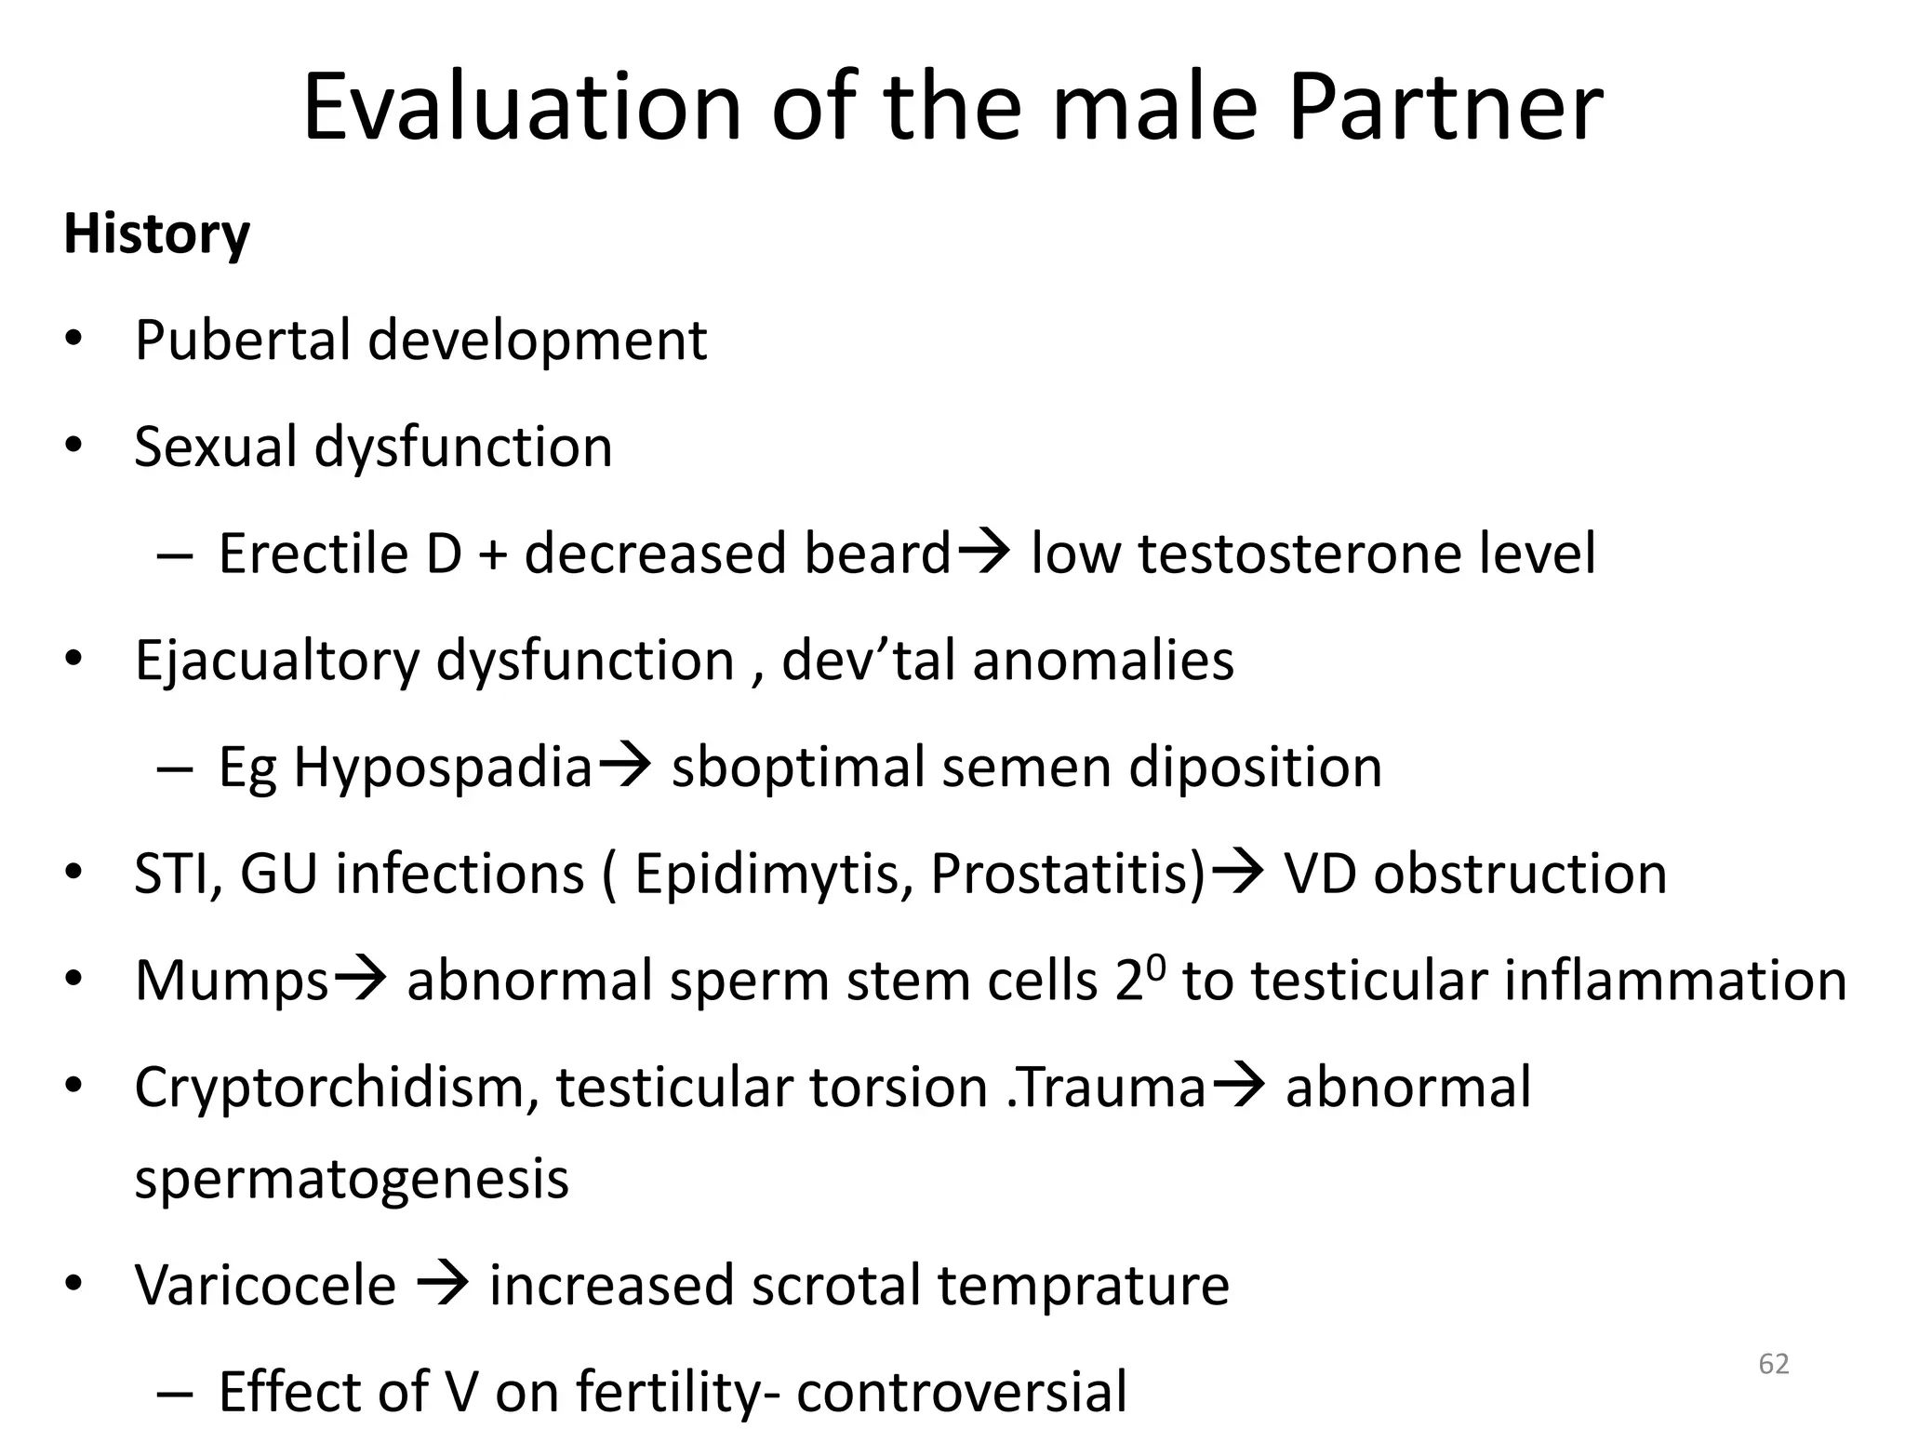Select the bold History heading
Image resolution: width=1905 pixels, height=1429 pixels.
(x=156, y=234)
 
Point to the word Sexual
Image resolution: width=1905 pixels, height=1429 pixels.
(x=216, y=447)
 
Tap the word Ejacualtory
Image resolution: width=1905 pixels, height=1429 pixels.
(x=277, y=662)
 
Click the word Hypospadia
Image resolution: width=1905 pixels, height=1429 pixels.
(x=443, y=769)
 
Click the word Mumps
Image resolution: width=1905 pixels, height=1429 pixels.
(x=232, y=982)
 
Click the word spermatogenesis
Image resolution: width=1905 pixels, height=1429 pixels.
(x=352, y=1180)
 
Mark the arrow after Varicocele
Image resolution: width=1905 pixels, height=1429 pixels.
(x=443, y=1286)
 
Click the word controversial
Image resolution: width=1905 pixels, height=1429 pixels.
(x=962, y=1393)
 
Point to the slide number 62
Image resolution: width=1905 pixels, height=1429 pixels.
(x=1774, y=1364)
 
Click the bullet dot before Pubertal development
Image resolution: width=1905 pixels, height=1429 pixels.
(x=74, y=341)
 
